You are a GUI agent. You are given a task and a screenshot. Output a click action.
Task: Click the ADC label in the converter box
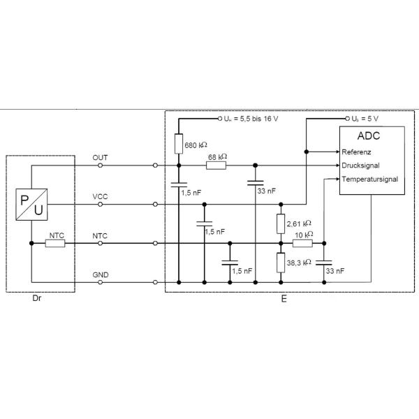pos(369,135)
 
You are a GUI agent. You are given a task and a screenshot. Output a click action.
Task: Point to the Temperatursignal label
pos(370,179)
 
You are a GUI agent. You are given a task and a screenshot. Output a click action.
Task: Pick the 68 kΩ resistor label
pos(218,157)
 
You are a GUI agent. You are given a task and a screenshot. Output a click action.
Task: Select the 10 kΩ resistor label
pos(302,235)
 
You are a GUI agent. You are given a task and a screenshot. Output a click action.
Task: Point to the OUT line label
pos(100,158)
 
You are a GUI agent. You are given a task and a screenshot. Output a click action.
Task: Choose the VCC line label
pos(100,197)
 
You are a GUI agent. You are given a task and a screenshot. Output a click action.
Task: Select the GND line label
pos(100,276)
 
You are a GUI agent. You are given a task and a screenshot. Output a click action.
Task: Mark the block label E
pos(283,298)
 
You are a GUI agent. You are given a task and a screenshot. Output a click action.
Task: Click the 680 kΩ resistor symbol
pos(179,143)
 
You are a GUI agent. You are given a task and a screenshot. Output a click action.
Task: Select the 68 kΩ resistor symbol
pos(218,166)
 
